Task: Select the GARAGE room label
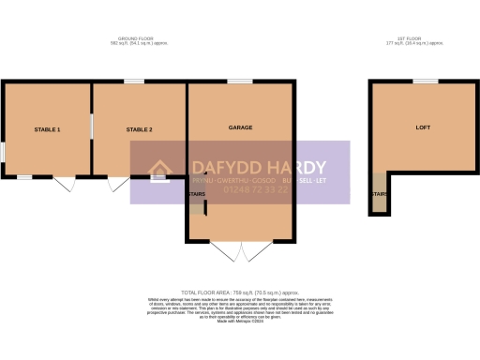click(241, 127)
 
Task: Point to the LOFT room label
click(422, 127)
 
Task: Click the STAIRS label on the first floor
click(378, 195)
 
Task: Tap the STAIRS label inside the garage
click(197, 195)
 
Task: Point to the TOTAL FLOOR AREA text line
click(239, 293)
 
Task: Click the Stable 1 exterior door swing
click(64, 185)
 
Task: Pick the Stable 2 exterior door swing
click(118, 185)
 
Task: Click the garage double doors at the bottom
click(240, 250)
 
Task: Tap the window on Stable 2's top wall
click(135, 82)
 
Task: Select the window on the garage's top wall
click(239, 82)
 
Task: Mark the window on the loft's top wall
click(426, 82)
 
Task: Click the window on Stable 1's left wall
click(2, 150)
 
